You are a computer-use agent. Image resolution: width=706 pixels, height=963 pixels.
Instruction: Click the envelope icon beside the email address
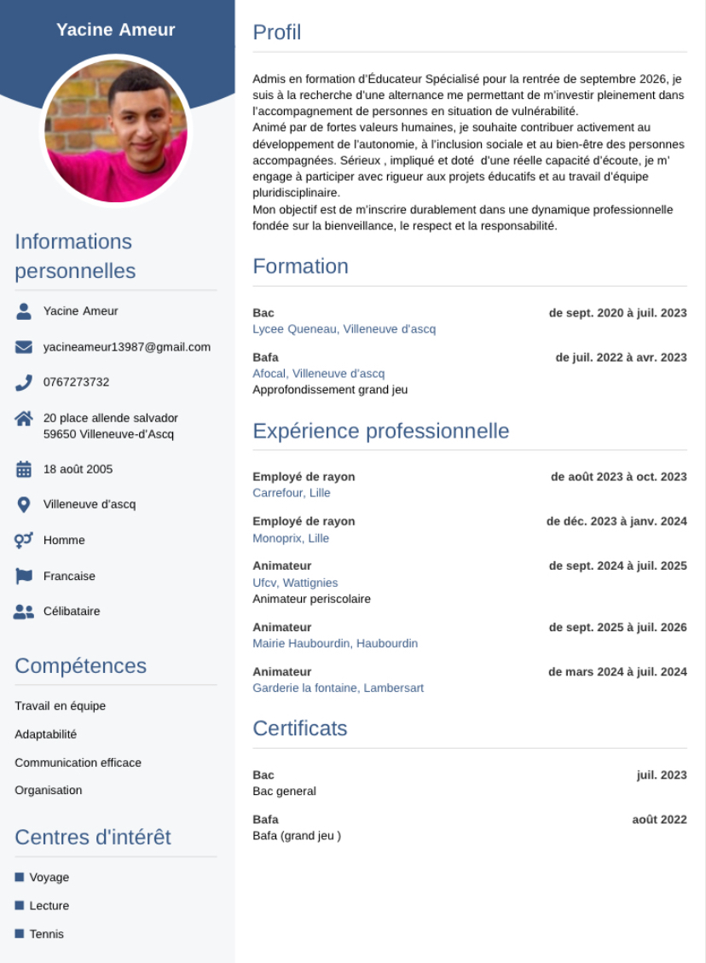pyautogui.click(x=24, y=347)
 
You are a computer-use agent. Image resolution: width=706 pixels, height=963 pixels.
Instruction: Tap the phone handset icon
pyautogui.click(x=24, y=382)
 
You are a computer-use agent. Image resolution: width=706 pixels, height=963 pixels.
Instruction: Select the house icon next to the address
pyautogui.click(x=24, y=418)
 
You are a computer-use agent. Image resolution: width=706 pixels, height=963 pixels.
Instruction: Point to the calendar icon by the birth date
pyautogui.click(x=24, y=469)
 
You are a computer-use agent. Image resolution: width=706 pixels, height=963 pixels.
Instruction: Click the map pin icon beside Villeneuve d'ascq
pyautogui.click(x=24, y=504)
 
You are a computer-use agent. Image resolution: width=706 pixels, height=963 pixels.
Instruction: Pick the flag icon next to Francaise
pyautogui.click(x=24, y=576)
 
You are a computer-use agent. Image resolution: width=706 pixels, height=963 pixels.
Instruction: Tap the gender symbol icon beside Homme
pyautogui.click(x=24, y=540)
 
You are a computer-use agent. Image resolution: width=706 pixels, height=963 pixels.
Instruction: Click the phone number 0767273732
pyautogui.click(x=76, y=382)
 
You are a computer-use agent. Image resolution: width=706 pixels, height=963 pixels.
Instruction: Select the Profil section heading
pyautogui.click(x=277, y=32)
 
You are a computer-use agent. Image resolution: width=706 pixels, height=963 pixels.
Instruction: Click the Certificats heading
pyautogui.click(x=300, y=728)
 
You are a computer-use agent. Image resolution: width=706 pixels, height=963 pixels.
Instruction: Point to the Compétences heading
pyautogui.click(x=80, y=665)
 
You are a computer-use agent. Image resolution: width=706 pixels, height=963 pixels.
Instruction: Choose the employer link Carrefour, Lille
pyautogui.click(x=292, y=493)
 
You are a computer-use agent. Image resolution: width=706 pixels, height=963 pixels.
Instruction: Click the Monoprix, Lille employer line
pyautogui.click(x=291, y=538)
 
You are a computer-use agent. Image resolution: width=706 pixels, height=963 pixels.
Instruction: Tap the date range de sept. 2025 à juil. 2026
pyautogui.click(x=617, y=628)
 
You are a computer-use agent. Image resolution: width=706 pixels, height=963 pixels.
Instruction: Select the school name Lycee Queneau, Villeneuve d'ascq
pyautogui.click(x=344, y=329)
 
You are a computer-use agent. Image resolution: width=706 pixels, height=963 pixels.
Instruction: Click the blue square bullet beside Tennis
pyautogui.click(x=20, y=933)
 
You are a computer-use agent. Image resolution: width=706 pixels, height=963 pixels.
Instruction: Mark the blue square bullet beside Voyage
pyautogui.click(x=20, y=877)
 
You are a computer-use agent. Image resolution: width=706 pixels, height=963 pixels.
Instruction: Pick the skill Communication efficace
pyautogui.click(x=78, y=763)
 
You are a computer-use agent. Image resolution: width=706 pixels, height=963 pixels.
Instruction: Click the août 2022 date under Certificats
pyautogui.click(x=659, y=820)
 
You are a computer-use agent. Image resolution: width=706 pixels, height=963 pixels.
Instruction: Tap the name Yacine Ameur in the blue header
pyautogui.click(x=116, y=30)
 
